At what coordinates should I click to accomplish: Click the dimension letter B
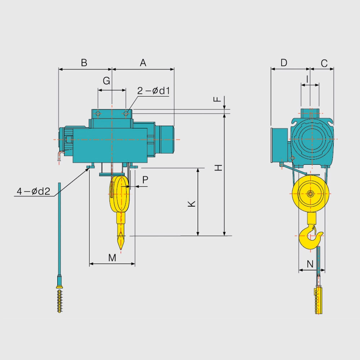click(84, 63)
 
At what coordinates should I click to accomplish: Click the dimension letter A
click(143, 63)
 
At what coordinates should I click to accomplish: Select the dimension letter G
click(106, 81)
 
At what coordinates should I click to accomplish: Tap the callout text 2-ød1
click(153, 91)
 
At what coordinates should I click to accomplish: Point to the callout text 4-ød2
click(33, 191)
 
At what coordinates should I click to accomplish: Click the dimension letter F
click(217, 99)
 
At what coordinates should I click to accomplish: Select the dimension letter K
click(192, 204)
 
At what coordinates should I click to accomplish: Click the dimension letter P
click(145, 180)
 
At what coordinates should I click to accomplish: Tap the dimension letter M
click(112, 258)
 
